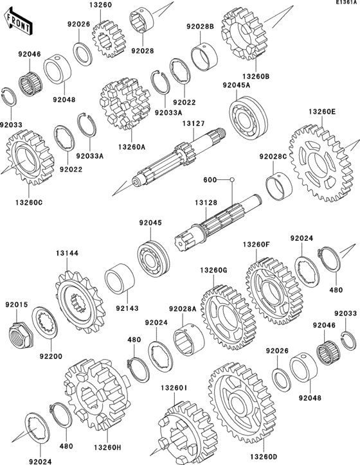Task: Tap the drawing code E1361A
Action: pos(345,4)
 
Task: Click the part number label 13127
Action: pos(193,125)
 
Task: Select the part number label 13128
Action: pos(208,202)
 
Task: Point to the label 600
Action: pos(210,180)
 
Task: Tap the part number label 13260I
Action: pos(174,388)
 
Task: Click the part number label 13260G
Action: pos(213,270)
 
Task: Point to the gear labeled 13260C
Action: pos(27,157)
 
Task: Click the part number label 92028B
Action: pos(200,27)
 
